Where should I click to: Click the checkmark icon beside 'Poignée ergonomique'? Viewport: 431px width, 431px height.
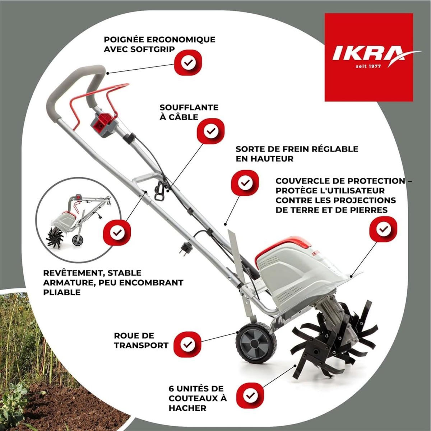(188, 63)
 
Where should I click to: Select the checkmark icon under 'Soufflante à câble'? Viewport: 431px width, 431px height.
(211, 131)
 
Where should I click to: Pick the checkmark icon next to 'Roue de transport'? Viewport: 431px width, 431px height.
(187, 345)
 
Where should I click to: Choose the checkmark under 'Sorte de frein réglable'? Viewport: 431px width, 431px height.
(245, 183)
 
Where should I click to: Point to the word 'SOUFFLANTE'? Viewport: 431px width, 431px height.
(189, 107)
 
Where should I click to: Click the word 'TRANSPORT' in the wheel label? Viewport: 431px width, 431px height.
(141, 346)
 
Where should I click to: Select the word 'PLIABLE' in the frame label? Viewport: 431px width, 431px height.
(61, 292)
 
